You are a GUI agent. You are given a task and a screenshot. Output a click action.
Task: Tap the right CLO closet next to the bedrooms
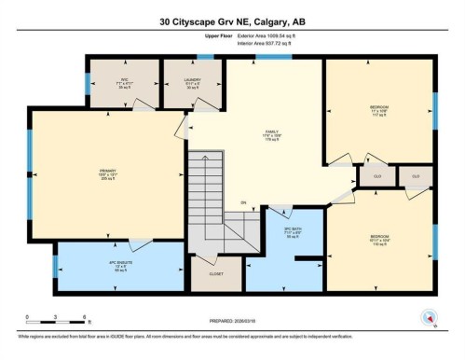[416, 175]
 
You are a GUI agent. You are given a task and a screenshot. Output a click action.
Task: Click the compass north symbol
[430, 316]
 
